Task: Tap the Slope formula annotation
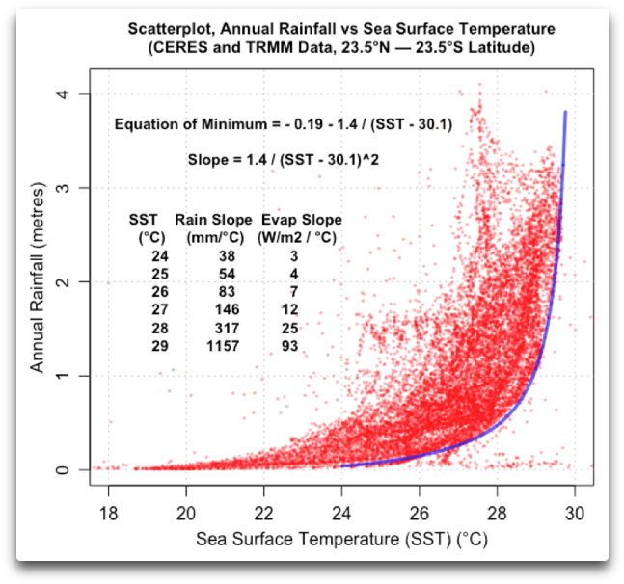click(283, 158)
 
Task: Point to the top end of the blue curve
click(565, 113)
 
